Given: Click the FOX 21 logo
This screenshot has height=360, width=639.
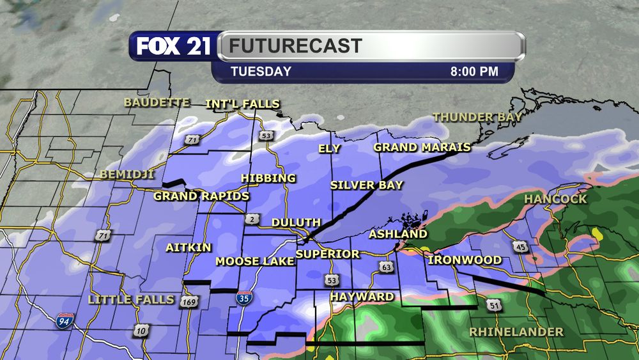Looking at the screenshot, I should pyautogui.click(x=173, y=47).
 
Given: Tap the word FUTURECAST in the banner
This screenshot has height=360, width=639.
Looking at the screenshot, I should pyautogui.click(x=296, y=47).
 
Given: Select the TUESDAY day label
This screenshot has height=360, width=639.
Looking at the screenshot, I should pyautogui.click(x=261, y=72).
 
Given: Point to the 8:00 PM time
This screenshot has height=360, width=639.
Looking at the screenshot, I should pyautogui.click(x=473, y=72).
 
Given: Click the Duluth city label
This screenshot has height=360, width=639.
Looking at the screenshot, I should pyautogui.click(x=296, y=223).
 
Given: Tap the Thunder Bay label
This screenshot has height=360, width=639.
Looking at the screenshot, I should pyautogui.click(x=477, y=117).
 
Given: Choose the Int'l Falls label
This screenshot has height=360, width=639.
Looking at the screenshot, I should pyautogui.click(x=243, y=104).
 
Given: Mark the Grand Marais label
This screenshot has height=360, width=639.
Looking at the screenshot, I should pyautogui.click(x=422, y=148).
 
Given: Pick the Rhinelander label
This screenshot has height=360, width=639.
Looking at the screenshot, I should pyautogui.click(x=516, y=332).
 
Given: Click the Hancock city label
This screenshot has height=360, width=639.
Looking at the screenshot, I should pyautogui.click(x=555, y=200).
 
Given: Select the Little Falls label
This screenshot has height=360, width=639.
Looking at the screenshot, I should pyautogui.click(x=130, y=299).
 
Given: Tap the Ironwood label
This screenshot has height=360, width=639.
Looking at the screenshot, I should pyautogui.click(x=465, y=260).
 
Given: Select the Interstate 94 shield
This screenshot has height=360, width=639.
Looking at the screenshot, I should pyautogui.click(x=65, y=320).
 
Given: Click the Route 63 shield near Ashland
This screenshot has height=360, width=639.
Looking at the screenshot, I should pyautogui.click(x=385, y=266).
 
